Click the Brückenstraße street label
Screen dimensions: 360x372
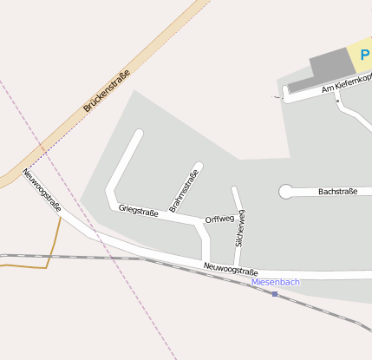tap(107, 91)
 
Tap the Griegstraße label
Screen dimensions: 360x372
tap(139, 210)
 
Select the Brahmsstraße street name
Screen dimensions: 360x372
tap(184, 191)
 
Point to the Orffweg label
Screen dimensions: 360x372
tap(219, 219)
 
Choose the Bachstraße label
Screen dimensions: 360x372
tap(337, 192)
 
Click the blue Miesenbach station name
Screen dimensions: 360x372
tap(275, 282)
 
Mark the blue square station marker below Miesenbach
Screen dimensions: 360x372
tap(275, 294)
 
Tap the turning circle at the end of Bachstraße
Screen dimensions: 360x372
tap(285, 192)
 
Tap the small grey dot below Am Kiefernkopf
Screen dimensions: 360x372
tap(337, 101)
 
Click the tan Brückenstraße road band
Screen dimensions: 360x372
tap(156, 52)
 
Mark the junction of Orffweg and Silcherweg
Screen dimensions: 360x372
tap(234, 219)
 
